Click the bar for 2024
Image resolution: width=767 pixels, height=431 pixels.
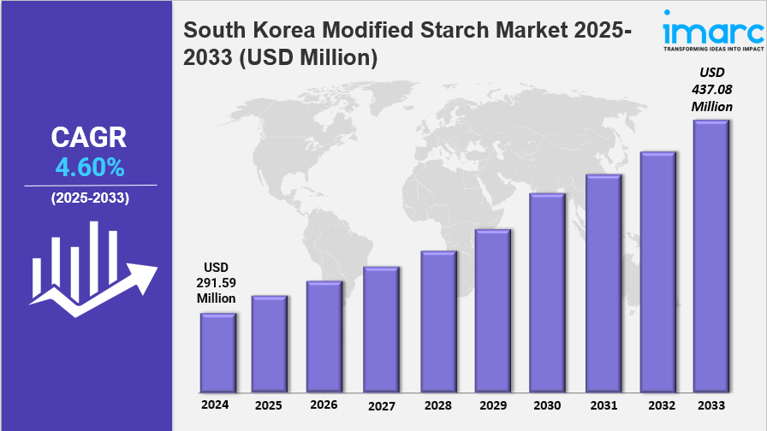(x=217, y=351)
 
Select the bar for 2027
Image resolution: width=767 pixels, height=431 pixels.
(x=381, y=328)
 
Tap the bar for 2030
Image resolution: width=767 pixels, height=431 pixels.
(x=547, y=292)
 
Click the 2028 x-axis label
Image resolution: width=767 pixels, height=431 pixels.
(x=437, y=404)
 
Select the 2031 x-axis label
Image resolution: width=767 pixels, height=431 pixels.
(x=603, y=404)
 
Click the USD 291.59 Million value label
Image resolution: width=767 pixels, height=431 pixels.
(x=217, y=282)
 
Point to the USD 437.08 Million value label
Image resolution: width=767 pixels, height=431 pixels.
(x=712, y=89)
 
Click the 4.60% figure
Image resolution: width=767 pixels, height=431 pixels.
(x=90, y=167)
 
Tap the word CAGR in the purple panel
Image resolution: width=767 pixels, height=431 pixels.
(x=89, y=137)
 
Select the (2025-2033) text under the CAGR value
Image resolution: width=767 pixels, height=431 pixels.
(x=90, y=198)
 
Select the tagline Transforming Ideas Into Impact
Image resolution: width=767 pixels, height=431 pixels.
(x=713, y=49)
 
